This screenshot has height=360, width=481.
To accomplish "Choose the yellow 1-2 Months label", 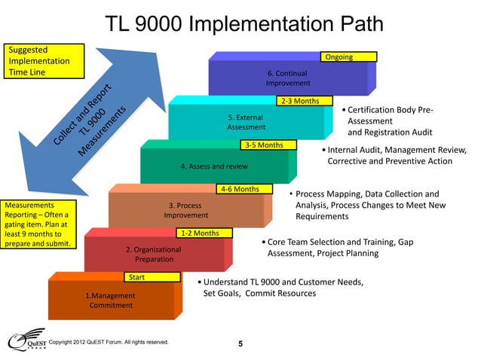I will pyautogui.click(x=199, y=233).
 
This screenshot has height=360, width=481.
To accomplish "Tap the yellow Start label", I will pyautogui.click(x=153, y=277).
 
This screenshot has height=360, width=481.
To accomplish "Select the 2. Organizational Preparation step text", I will pyautogui.click(x=154, y=254).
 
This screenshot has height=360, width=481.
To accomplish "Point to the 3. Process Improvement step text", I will pyautogui.click(x=185, y=210).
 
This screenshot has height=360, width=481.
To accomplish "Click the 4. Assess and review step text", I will pyautogui.click(x=214, y=166).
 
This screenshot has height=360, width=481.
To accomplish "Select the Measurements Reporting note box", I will pyautogui.click(x=38, y=224).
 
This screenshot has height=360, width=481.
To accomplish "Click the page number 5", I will pyautogui.click(x=240, y=345).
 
